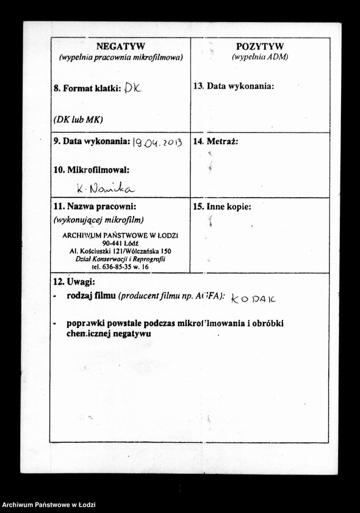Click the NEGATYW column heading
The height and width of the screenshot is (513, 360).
point(121,46)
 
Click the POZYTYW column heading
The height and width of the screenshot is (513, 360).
point(260,46)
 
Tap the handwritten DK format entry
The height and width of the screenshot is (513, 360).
point(132,89)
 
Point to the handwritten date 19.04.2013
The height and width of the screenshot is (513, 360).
point(157,142)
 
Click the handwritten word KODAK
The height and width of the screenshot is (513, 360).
point(254,298)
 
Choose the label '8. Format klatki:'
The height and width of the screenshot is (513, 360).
point(88,89)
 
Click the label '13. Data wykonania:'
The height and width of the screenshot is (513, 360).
point(234,86)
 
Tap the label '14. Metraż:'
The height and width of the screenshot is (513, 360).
point(215,141)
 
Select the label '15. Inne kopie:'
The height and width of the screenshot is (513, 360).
point(222,207)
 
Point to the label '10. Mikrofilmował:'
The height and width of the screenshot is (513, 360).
point(92,170)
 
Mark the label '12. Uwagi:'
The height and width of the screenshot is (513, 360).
point(74,282)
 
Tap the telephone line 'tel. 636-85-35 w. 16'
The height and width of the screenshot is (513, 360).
point(120,267)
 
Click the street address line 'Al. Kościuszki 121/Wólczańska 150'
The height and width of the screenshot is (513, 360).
point(120,251)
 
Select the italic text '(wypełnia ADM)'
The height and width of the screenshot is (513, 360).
point(260,57)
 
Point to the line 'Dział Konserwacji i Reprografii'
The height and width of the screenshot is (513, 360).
point(120,259)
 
